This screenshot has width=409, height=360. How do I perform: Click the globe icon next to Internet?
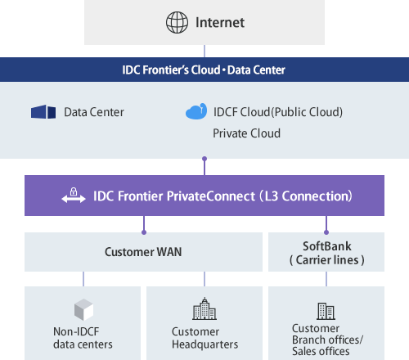click(x=175, y=22)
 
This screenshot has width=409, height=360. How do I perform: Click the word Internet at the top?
click(x=219, y=22)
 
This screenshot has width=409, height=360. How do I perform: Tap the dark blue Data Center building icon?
click(x=43, y=111)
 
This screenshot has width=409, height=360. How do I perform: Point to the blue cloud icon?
click(x=196, y=111)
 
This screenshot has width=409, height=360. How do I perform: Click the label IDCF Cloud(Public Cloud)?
click(x=277, y=111)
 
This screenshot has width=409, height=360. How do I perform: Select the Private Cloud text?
click(x=246, y=133)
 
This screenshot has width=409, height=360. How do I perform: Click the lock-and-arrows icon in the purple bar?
click(x=74, y=196)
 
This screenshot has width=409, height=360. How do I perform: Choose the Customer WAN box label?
click(x=143, y=252)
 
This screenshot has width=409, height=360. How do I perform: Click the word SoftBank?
click(x=326, y=245)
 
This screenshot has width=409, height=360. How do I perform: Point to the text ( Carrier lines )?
click(x=326, y=260)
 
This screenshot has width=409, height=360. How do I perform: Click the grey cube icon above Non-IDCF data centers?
click(x=84, y=309)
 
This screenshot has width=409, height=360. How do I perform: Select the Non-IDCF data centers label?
click(x=83, y=338)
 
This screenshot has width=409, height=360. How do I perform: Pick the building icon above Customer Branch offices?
click(x=325, y=311)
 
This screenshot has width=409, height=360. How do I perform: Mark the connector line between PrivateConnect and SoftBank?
click(x=326, y=225)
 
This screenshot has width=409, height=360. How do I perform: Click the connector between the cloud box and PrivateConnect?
click(x=204, y=166)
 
